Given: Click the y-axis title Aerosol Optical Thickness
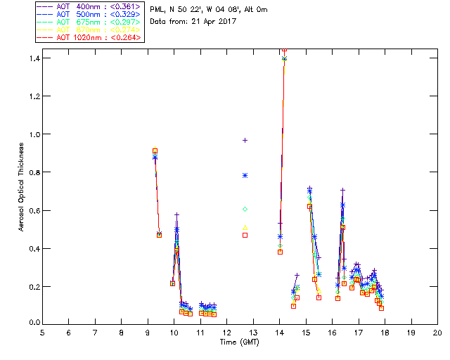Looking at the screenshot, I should [x=22, y=188].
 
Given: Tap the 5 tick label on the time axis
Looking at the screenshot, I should [x=42, y=333].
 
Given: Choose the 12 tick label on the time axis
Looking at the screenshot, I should [x=226, y=333].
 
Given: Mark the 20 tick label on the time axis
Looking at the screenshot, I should [x=437, y=333].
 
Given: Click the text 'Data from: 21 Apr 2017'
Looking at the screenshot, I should [x=193, y=22].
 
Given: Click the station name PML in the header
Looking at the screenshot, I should [x=157, y=9].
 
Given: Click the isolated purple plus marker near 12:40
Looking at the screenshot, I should [x=245, y=140].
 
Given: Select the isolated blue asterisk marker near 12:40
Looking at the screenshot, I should [x=245, y=175].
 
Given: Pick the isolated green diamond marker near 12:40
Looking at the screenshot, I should [x=245, y=209].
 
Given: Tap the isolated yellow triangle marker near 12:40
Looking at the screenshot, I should [x=245, y=227].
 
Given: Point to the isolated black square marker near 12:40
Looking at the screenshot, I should [x=245, y=235].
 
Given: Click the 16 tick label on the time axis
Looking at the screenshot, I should [x=332, y=333].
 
